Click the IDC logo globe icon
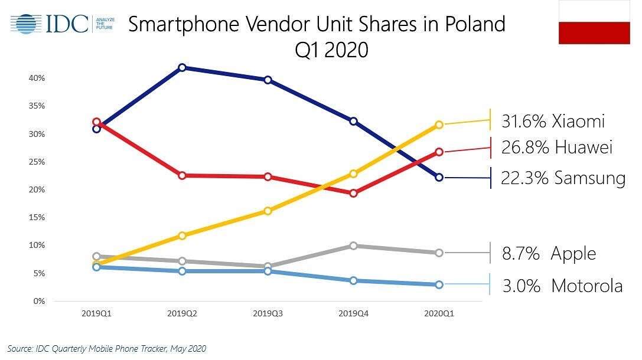(25, 24)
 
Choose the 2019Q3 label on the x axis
(268, 315)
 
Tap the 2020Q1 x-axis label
(439, 315)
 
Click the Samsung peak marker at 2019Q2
(183, 68)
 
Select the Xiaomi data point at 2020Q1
(439, 125)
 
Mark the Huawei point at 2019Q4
(353, 193)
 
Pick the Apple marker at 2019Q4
(353, 246)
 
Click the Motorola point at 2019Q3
(268, 271)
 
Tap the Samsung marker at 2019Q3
(268, 80)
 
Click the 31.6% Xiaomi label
(553, 121)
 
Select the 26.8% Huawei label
(556, 148)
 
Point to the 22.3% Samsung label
(562, 178)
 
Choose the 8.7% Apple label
(549, 254)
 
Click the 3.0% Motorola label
(562, 286)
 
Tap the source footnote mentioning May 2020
(107, 349)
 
